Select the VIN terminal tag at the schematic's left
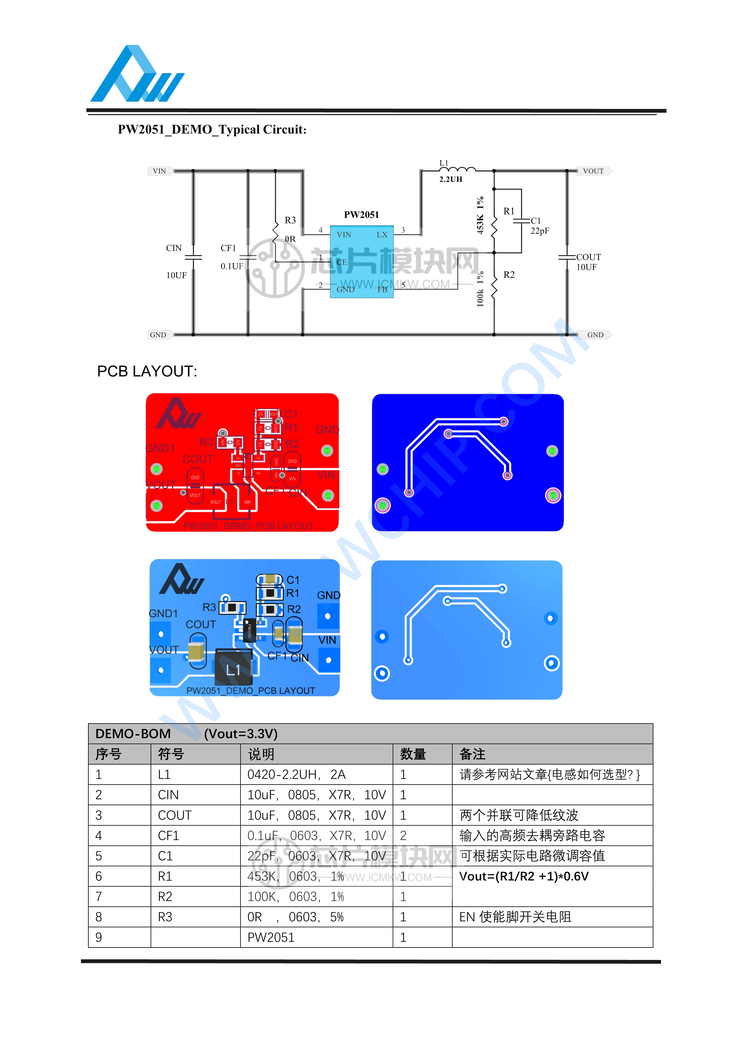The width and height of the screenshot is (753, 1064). [x=159, y=171]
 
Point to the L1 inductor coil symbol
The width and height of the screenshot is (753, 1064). [x=457, y=169]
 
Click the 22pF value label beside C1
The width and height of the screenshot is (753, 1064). [x=540, y=231]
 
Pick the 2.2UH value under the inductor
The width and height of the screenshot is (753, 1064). [x=451, y=179]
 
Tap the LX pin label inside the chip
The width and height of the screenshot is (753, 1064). [x=382, y=235]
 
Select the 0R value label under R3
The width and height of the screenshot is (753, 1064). [x=290, y=239]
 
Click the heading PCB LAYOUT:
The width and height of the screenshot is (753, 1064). [x=147, y=371]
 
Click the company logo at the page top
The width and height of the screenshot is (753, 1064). [x=137, y=74]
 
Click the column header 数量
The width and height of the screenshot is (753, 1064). [x=413, y=754]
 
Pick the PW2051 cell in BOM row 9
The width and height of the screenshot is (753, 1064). [x=271, y=937]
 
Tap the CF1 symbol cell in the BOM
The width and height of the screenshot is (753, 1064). [x=168, y=836]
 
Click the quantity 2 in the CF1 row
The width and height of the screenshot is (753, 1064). [x=404, y=836]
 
